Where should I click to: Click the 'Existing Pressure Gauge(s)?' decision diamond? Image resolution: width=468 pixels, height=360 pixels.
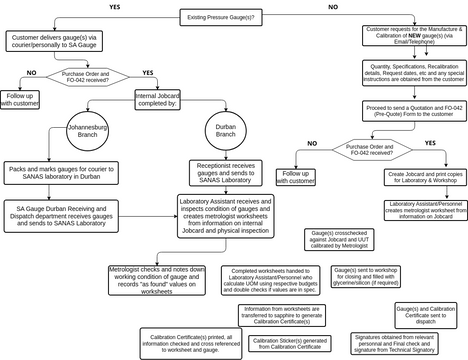pyautogui.click(x=234, y=17)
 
